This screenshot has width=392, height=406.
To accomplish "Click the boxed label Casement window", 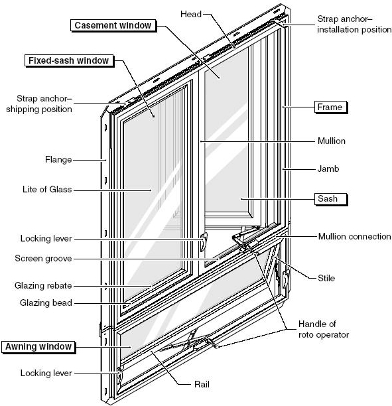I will [112, 25].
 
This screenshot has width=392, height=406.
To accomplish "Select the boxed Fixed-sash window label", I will [69, 60].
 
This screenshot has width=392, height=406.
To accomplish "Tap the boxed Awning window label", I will [38, 346].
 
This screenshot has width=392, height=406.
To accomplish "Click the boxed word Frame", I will [330, 106].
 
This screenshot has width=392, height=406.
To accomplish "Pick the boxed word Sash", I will [330, 198].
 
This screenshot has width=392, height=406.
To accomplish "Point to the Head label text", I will [191, 13].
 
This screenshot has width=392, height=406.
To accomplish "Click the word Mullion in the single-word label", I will [332, 141].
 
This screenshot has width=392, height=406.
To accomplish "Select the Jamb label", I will [328, 169].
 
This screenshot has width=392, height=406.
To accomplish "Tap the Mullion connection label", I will [354, 236].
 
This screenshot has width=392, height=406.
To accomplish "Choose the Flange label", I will [58, 159].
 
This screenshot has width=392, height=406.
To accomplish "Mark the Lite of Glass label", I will [46, 190].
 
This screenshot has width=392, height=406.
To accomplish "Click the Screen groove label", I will [46, 258].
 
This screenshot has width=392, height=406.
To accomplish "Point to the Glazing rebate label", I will [44, 286].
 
